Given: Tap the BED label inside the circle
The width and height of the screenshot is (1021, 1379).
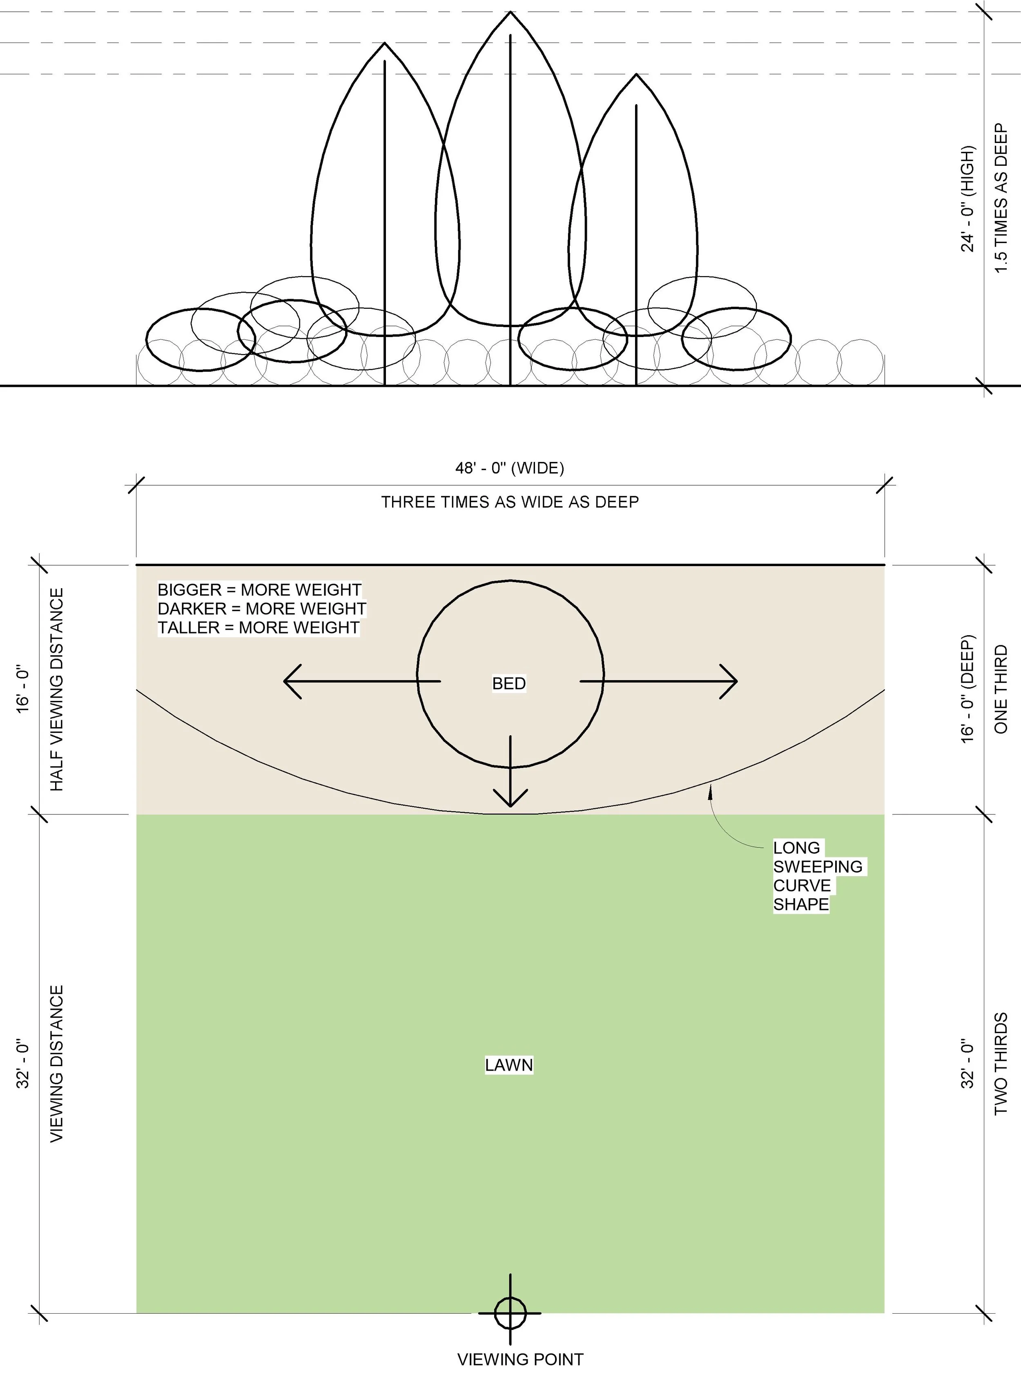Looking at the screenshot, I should pos(509,684).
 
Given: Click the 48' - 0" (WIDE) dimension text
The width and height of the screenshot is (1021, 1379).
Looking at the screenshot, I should pos(510,469).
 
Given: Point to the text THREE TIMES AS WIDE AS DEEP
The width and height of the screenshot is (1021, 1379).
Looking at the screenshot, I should pos(510,502).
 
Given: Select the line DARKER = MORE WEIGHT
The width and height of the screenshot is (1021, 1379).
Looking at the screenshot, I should pos(261,609).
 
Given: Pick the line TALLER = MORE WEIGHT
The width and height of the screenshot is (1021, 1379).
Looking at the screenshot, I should pos(259,628).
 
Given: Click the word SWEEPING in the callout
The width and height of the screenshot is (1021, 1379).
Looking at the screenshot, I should pos(818,867).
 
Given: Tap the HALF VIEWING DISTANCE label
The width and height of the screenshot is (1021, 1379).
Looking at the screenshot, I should pos(57,689).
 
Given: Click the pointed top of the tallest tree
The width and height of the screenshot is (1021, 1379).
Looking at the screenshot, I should pos(510,12).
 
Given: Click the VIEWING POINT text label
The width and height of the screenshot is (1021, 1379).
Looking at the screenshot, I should pos(520,1360).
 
